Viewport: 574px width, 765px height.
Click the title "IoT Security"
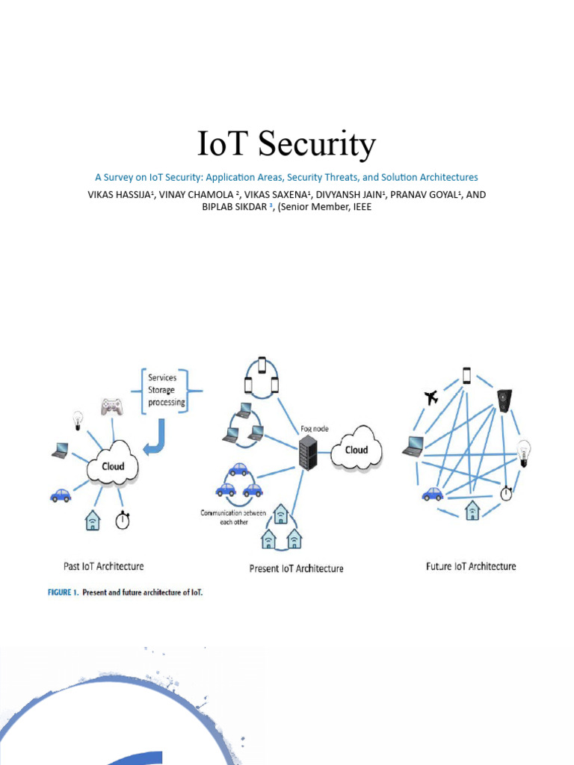286,144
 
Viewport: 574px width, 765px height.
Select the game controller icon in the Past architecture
111,406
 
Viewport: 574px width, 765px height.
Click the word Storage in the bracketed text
162,390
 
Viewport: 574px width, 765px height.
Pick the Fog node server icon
307,453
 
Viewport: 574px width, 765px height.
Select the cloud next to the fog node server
356,449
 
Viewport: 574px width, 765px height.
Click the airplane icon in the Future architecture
430,397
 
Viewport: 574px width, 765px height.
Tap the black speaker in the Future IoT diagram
504,400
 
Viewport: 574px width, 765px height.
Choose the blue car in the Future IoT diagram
432,494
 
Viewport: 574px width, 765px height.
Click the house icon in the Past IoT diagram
92,519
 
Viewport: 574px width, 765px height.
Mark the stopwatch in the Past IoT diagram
122,519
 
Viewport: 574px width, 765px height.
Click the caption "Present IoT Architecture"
296,569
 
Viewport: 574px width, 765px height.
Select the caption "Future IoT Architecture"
471,566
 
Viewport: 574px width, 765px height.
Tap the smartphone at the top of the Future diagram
466,375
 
